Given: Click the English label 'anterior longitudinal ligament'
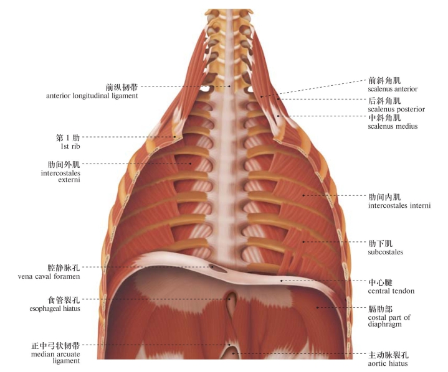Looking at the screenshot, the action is pos(92,96).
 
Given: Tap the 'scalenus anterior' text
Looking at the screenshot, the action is pos(393,89).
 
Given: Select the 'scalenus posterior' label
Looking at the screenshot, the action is pos(396,109).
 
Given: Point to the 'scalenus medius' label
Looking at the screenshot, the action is pos(393,126).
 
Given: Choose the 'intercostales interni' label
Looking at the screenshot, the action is pos(399,205).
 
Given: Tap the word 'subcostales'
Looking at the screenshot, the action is pos(386,252).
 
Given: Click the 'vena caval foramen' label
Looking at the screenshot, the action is pos(49,276).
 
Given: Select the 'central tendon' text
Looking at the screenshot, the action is pos(391,291).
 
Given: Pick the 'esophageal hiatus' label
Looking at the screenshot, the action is pos(55,309).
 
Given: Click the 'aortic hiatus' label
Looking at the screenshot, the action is pos(388,363).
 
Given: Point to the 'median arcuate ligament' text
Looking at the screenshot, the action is pos(55,358).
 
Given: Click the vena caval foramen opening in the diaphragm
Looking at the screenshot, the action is pos(217,269).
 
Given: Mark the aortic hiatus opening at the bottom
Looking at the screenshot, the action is pos(231,354).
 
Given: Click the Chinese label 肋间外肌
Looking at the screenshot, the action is pos(64,165).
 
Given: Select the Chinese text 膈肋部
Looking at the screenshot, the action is pos(380,309).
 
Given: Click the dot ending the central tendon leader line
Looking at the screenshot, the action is pos(282,281).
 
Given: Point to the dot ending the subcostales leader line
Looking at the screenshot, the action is pos(303,242).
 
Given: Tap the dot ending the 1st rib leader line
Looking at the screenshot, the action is pos(174,137).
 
